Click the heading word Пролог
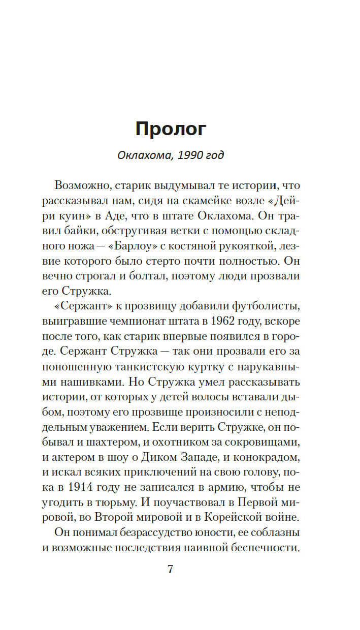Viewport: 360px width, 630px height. pos(171,130)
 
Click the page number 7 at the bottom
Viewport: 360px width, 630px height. pos(171,569)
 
